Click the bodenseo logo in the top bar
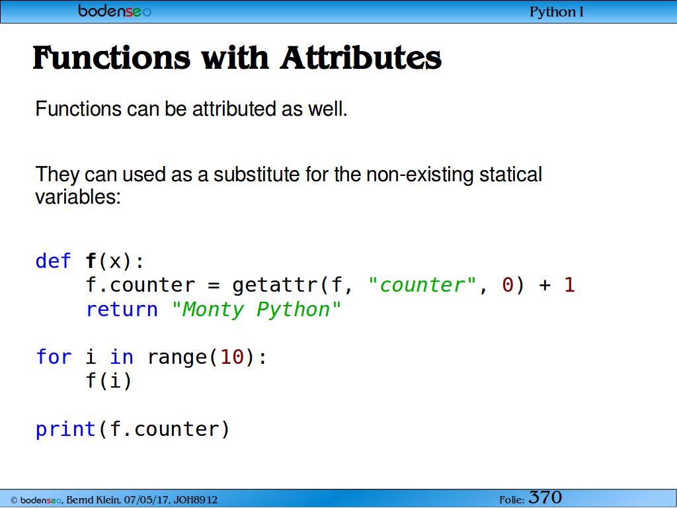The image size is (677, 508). [114, 11]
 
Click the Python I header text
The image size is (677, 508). [557, 12]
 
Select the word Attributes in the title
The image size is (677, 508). [361, 58]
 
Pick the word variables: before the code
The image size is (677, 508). [78, 197]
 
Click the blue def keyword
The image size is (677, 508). [53, 261]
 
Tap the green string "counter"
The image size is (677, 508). [422, 285]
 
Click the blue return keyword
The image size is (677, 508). [122, 310]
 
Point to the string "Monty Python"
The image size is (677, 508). [256, 310]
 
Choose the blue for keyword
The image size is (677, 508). [54, 357]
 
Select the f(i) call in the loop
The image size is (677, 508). [109, 381]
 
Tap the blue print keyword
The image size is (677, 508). [65, 429]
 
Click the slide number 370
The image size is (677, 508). [545, 497]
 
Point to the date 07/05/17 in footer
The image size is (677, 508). [147, 500]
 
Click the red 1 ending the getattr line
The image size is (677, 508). [569, 285]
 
